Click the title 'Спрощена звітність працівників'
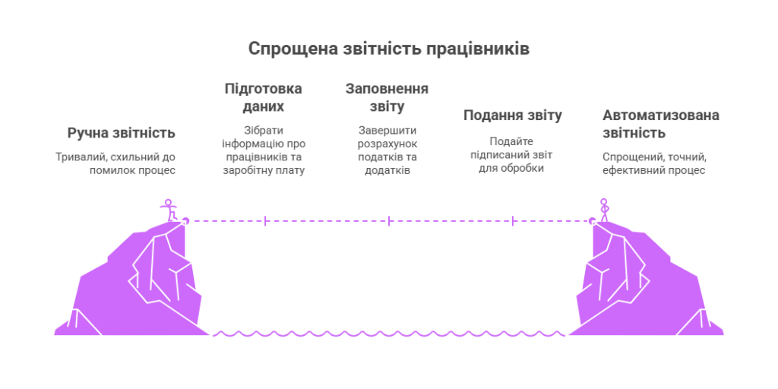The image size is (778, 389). (x=389, y=49)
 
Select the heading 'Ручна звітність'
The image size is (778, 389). (x=122, y=133)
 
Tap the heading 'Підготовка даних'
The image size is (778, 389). (x=264, y=97)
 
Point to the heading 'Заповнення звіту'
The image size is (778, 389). (x=387, y=97)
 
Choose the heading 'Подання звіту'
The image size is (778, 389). (x=513, y=115)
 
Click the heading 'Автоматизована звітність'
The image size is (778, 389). (x=660, y=124)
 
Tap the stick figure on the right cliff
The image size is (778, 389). (x=604, y=210)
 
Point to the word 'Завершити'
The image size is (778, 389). (x=387, y=130)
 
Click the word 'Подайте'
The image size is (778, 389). (x=511, y=141)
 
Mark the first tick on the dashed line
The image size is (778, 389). (x=264, y=221)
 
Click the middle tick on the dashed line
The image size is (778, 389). (x=389, y=221)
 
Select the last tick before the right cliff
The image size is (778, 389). (x=514, y=221)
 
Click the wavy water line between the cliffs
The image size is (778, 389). (x=389, y=333)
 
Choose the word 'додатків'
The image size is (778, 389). (x=387, y=170)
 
